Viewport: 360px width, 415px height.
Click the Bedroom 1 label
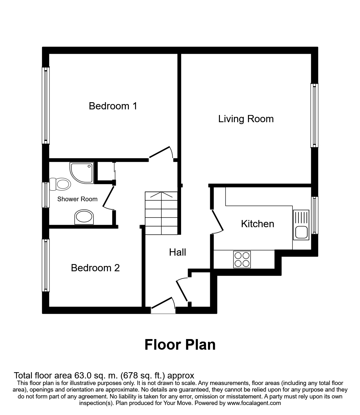(x=113, y=106)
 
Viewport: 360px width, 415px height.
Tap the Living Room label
(x=246, y=119)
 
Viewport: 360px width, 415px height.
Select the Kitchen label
(x=257, y=224)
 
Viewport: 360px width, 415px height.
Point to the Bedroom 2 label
(x=95, y=268)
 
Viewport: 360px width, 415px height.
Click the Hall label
(x=177, y=252)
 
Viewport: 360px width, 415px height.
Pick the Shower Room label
(x=77, y=199)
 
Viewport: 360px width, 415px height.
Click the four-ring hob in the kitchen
(x=242, y=259)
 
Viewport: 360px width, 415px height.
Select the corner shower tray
(x=82, y=172)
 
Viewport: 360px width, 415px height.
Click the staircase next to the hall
(x=161, y=213)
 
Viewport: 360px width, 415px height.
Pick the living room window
(x=314, y=115)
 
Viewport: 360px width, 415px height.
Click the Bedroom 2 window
(x=46, y=265)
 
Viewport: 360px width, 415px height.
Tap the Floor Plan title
(x=180, y=345)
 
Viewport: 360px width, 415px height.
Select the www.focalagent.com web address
(x=254, y=403)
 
